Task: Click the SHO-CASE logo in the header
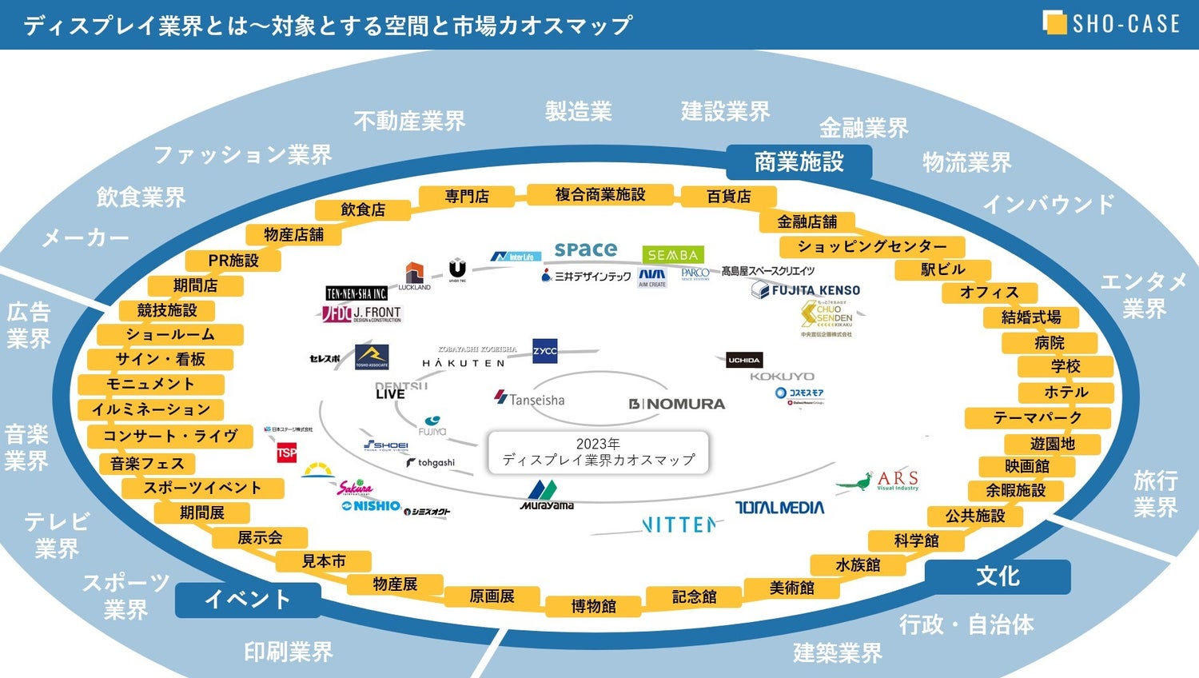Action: pos(1112,23)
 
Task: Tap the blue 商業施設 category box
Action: pos(799,162)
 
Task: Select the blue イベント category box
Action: pos(248,599)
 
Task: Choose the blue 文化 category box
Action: pos(997,576)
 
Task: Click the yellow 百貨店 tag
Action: pos(728,196)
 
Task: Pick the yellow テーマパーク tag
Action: pos(1038,417)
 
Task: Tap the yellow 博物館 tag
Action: pos(593,606)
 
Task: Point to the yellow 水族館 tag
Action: pos(858,564)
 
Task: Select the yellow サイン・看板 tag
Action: pos(161,359)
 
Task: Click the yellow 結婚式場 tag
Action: pos(1031,317)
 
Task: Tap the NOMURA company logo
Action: pos(677,404)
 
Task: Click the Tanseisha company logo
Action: pos(530,399)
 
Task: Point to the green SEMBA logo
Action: pos(672,255)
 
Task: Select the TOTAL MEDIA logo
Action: pos(779,507)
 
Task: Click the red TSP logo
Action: pos(286,453)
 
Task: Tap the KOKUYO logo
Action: pos(782,376)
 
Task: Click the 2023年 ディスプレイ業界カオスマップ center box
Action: pos(598,453)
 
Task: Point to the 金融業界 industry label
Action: pos(863,127)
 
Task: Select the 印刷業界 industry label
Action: pos(288,652)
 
